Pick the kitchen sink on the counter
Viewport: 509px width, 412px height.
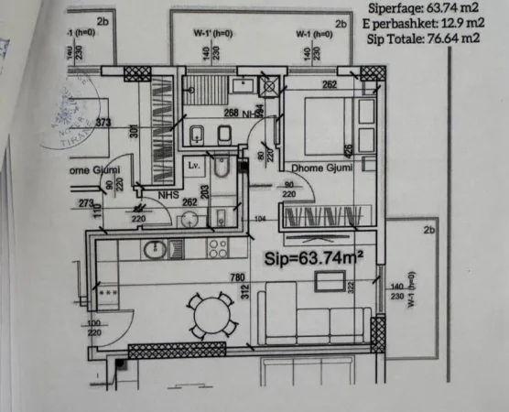(154, 248)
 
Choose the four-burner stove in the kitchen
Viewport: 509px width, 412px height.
(217, 248)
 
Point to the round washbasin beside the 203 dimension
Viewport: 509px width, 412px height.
(190, 218)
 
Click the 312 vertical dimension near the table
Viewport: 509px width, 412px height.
(244, 292)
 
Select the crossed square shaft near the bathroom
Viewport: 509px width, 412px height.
(270, 87)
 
